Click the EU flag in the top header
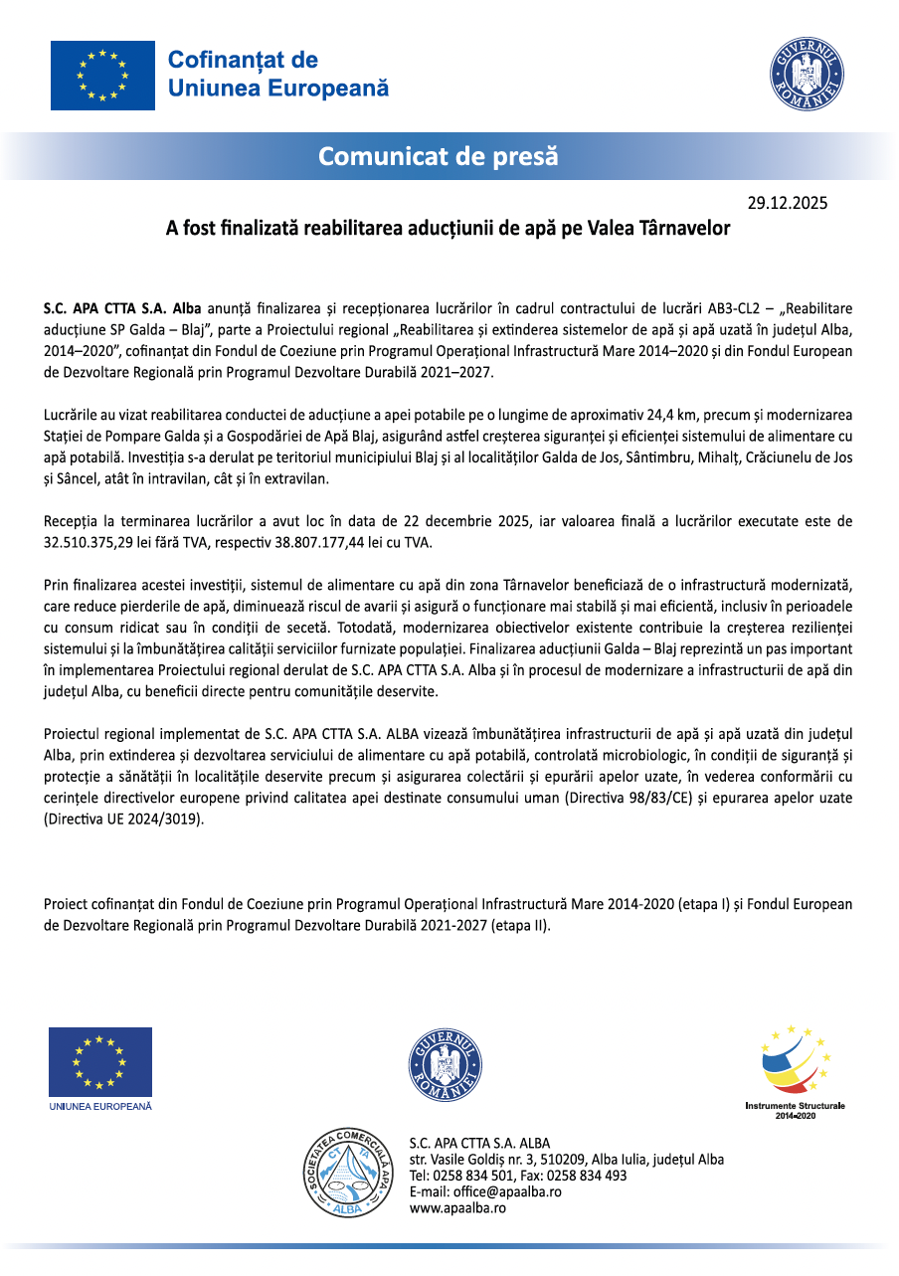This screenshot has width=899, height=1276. [102, 76]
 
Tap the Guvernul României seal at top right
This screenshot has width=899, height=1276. [807, 78]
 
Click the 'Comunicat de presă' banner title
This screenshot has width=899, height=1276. [439, 156]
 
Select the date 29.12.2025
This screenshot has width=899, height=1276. [788, 204]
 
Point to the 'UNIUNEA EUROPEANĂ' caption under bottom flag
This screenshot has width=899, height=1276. [100, 1106]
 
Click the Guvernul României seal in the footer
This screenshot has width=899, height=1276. [446, 1065]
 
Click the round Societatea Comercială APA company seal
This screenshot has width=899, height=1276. [346, 1174]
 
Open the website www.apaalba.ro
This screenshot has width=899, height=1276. [458, 1207]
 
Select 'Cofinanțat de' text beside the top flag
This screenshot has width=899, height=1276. [243, 60]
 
